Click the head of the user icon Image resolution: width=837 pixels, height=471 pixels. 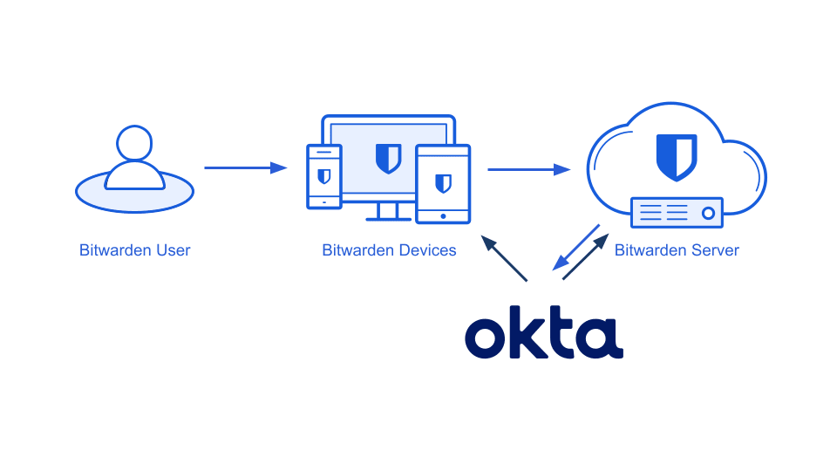tap(134, 144)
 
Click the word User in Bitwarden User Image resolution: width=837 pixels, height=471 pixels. tap(173, 250)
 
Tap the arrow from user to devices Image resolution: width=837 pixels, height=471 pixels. tap(245, 167)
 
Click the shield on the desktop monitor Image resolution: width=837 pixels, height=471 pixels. tap(388, 158)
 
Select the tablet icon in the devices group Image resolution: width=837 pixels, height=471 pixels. tap(443, 182)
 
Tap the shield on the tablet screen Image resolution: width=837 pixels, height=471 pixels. tap(443, 182)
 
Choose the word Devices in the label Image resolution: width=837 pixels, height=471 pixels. tap(423, 250)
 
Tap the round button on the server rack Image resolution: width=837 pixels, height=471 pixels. tap(709, 212)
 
